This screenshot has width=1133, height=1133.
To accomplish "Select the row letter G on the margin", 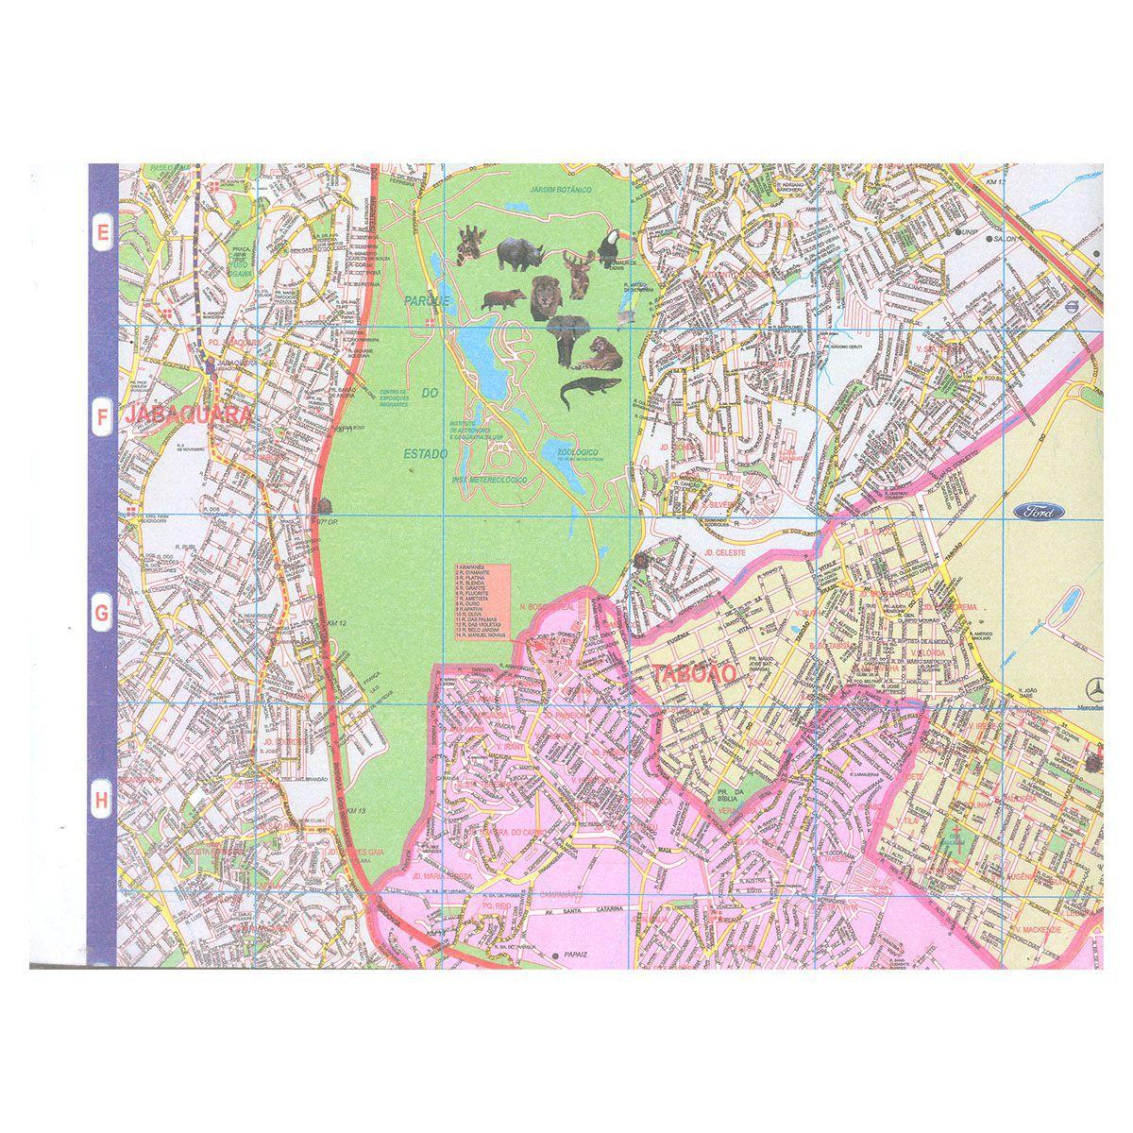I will click(x=101, y=613).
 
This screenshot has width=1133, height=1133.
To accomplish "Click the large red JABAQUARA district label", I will click(x=178, y=415).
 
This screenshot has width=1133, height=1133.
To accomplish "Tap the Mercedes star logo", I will click(x=1083, y=687).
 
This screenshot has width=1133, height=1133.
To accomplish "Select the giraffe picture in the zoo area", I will click(x=469, y=245).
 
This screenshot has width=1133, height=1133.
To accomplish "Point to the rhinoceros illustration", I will click(x=517, y=250).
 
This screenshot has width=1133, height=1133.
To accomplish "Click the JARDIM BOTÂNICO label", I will click(x=560, y=191).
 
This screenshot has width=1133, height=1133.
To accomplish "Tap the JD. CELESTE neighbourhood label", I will click(x=725, y=552).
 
